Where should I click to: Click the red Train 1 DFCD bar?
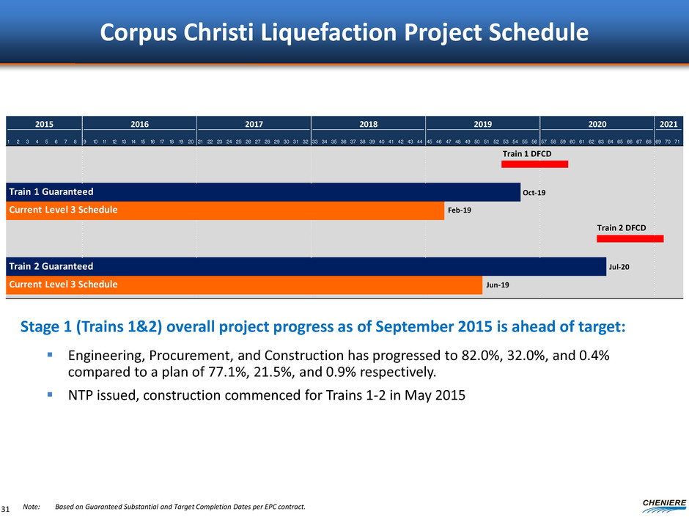[534, 164]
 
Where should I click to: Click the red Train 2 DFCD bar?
[630, 238]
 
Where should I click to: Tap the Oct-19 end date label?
[534, 193]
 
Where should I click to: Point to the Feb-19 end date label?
[459, 210]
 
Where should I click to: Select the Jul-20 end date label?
[619, 267]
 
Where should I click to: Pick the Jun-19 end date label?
[496, 285]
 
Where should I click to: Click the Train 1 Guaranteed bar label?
[51, 192]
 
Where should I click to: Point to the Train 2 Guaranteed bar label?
[51, 266]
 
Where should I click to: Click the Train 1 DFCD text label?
[526, 153]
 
